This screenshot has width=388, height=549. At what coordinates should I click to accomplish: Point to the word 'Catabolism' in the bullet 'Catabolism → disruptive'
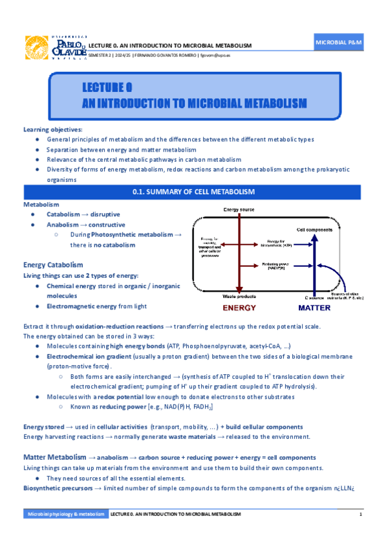[x=64, y=214]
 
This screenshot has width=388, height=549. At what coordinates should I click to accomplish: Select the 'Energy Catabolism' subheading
[x=53, y=265]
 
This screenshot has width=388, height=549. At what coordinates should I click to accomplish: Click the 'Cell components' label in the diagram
[x=315, y=229]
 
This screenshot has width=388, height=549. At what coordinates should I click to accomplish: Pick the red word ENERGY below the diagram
[x=239, y=308]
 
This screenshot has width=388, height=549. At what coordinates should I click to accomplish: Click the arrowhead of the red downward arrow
[x=239, y=290]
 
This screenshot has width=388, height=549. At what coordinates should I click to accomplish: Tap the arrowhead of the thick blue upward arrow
[x=315, y=238]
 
